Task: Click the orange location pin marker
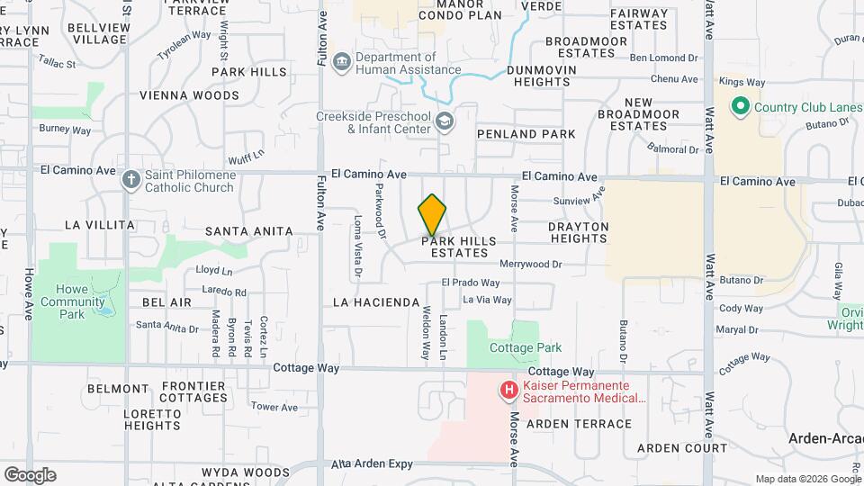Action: tap(433, 215)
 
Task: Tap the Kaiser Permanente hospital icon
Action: tap(509, 391)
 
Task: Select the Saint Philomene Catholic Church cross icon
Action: tap(131, 178)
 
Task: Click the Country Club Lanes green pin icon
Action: tap(741, 107)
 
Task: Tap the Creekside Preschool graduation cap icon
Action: tap(444, 121)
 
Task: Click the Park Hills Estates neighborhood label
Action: tap(459, 247)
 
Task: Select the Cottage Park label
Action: tap(525, 347)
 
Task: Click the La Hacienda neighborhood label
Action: tap(376, 301)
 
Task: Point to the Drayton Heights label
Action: tap(578, 232)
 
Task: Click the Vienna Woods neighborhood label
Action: tap(189, 94)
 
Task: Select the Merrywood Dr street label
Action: tap(530, 265)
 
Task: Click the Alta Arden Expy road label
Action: tap(372, 464)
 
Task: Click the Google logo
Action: tap(30, 475)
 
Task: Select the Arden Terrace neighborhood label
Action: tap(579, 424)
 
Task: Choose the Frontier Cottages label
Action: tap(193, 391)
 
